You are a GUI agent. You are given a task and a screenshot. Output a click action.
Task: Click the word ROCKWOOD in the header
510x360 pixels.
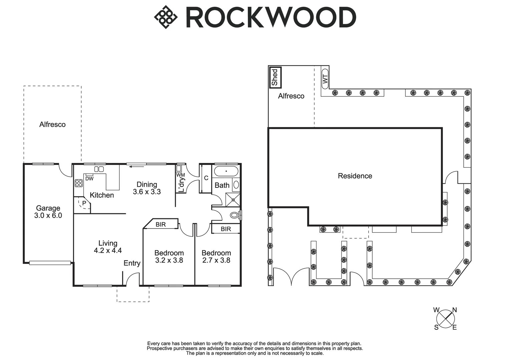coord(271,17)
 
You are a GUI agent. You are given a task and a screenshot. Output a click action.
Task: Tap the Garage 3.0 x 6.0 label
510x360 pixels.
coord(48,212)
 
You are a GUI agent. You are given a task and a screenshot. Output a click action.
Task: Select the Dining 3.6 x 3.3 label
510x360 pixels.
coord(147,188)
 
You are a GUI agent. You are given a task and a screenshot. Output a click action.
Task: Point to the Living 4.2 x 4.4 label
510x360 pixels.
coord(108,247)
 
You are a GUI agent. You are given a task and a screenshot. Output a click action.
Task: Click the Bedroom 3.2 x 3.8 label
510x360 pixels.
coord(169,257)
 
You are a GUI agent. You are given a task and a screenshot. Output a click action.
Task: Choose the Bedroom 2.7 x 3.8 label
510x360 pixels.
coord(216,257)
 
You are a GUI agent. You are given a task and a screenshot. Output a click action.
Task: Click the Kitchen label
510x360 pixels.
coord(102,195)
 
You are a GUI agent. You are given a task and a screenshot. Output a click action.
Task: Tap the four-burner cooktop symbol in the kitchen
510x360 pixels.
coord(79,183)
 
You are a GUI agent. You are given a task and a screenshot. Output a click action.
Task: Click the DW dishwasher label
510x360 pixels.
coord(89,178)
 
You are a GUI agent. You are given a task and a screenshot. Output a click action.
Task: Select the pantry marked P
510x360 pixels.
coord(83,203)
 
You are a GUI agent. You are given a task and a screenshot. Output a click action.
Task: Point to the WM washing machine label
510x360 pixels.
coord(180,175)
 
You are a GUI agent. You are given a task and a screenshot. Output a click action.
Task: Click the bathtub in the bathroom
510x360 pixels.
coord(226,172)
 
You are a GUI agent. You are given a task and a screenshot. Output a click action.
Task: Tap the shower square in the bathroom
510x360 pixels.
coord(233,200)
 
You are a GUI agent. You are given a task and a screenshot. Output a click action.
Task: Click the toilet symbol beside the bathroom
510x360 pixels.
coord(235,215)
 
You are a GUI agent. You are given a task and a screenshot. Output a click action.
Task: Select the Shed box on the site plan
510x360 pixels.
coord(275,77)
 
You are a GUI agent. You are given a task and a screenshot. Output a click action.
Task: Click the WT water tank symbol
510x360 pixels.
coord(326,79)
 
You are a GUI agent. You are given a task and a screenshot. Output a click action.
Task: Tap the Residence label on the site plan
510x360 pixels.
coord(355,176)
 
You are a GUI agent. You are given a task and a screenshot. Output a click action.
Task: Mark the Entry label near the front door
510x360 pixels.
coord(132,263)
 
